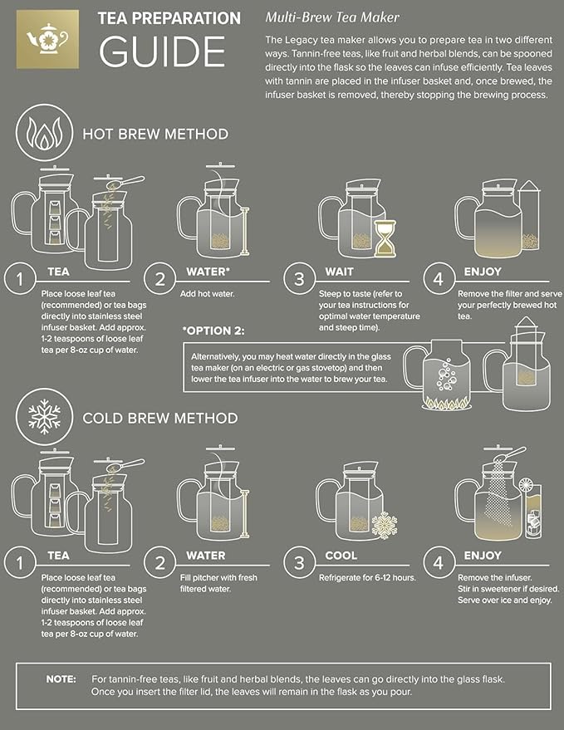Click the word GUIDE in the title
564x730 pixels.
162,51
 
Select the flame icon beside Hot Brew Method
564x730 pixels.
41,135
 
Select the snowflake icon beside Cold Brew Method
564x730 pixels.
41,417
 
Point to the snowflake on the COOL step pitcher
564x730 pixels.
385,525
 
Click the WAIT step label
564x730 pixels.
338,272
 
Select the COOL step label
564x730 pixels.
341,556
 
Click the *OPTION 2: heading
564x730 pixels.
213,331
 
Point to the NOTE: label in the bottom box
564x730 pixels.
61,679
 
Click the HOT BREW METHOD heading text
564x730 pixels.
154,134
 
